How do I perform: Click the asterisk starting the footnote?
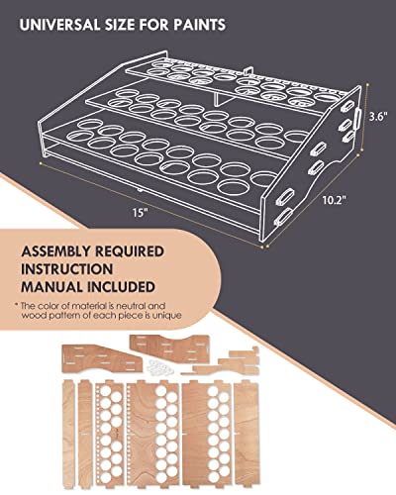tap(17, 308)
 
